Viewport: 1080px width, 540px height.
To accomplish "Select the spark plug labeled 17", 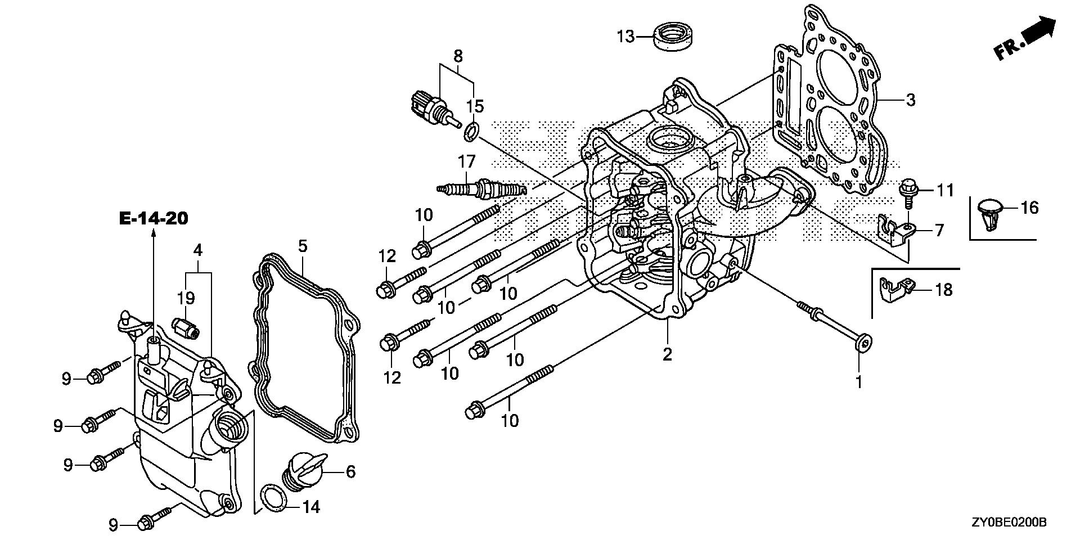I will tap(481, 188).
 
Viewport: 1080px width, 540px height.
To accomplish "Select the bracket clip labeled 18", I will tap(894, 286).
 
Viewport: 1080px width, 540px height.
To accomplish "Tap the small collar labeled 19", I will tap(186, 327).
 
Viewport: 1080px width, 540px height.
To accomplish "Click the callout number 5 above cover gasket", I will tap(303, 245).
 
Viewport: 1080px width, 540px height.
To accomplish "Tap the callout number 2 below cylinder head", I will tap(667, 354).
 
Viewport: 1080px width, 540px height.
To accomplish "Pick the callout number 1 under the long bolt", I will tap(859, 382).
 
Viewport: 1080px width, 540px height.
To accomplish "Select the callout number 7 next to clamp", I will tap(939, 230).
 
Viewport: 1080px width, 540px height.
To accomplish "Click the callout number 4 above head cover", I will tap(198, 249).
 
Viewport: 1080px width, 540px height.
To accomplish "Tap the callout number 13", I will tap(625, 37).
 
